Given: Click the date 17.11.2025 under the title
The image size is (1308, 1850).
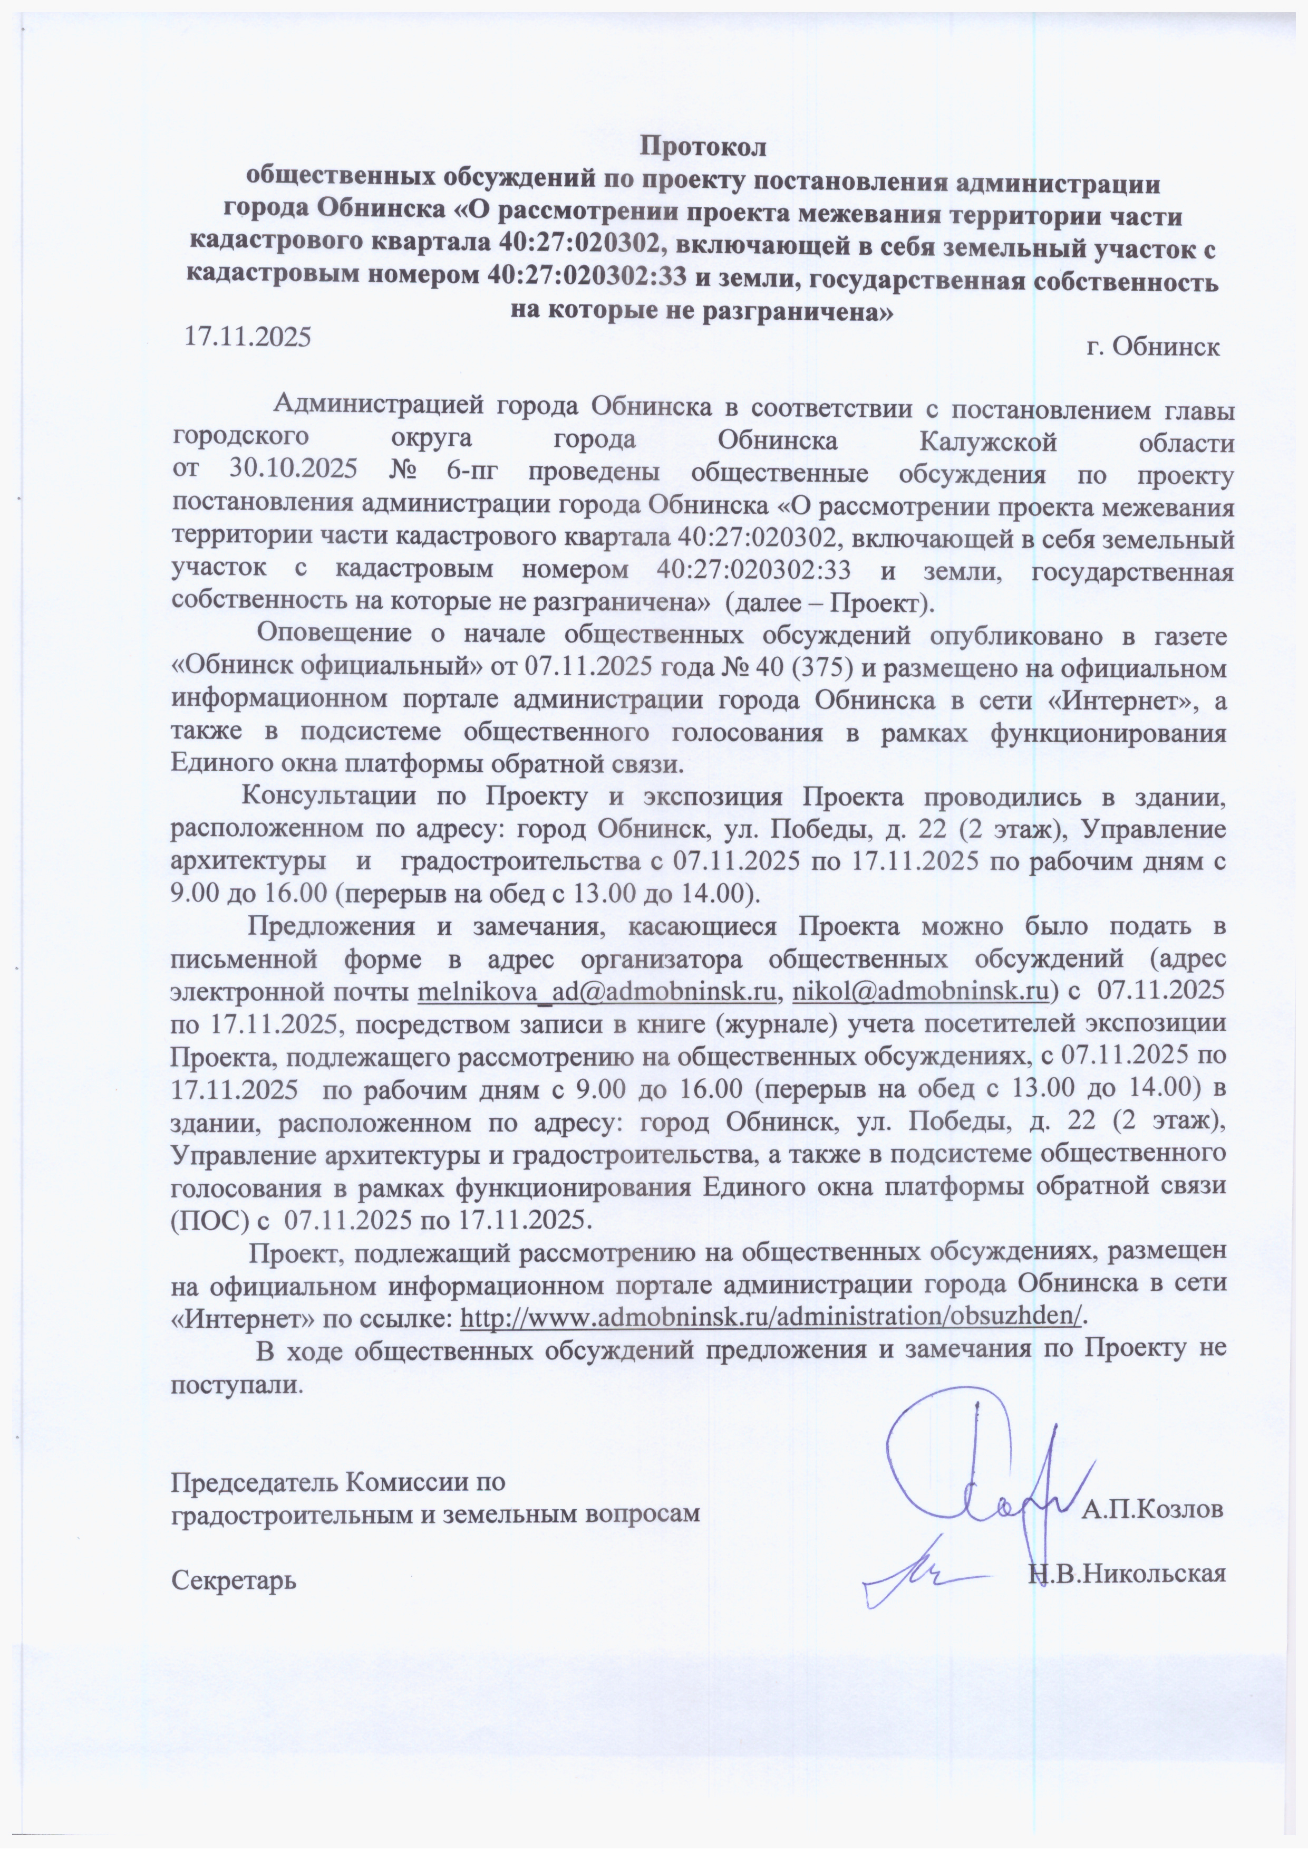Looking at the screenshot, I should (247, 336).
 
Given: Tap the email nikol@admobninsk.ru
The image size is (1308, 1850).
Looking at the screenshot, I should (920, 990).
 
